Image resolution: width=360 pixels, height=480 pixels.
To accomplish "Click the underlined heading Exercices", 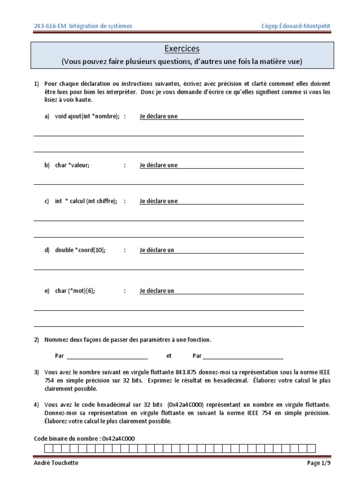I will point(182,49).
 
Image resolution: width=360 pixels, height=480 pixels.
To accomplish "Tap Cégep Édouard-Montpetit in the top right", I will point(296,26).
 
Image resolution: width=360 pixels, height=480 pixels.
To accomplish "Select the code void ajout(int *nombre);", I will point(87,116).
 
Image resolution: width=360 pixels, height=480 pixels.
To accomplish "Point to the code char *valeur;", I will point(72,165).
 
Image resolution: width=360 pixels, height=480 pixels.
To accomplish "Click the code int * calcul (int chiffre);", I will point(86,201).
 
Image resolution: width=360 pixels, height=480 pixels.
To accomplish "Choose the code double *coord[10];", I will point(80,250).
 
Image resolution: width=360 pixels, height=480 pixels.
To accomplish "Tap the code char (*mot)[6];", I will point(75,291).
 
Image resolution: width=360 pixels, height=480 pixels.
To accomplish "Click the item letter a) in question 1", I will point(47,116).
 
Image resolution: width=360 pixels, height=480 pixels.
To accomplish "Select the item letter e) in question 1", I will point(47,291).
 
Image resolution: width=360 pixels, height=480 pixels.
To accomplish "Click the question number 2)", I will point(37,339).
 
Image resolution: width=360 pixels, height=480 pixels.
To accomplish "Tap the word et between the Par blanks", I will point(169,356).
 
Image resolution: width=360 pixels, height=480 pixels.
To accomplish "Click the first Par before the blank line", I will point(60,356).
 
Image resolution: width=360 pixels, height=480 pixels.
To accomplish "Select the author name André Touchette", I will point(57,463).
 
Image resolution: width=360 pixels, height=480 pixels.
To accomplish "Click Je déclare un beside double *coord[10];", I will point(157,250).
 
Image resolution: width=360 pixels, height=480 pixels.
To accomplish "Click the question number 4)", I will point(37,404).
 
